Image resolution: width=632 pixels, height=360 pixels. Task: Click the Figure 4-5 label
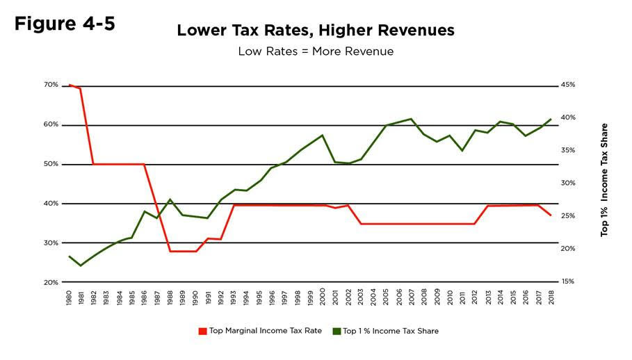65,24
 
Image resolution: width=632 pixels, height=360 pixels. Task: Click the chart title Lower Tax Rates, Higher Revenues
315,31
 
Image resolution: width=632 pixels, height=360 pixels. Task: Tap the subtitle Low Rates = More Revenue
315,51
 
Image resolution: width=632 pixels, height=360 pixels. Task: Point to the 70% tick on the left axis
51,85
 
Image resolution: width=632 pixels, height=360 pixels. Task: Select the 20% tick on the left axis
51,283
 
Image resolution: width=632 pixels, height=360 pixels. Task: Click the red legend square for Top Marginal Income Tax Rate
203,331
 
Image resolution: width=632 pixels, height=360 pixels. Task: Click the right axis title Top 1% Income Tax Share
604,180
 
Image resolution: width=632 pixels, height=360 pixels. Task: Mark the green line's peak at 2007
412,119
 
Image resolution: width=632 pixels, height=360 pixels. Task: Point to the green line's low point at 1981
81,265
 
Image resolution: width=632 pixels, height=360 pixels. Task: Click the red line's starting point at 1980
70,85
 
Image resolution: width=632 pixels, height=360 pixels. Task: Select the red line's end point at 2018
551,215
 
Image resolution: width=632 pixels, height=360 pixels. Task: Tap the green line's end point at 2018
551,119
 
